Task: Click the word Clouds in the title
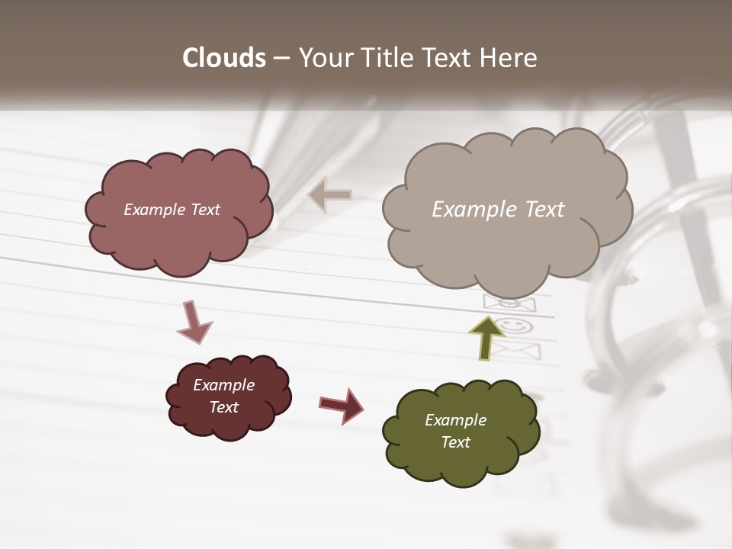tap(223, 58)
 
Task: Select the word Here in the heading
tap(510, 58)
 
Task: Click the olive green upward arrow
tap(487, 339)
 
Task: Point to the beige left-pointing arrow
tap(330, 195)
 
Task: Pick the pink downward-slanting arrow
tap(194, 322)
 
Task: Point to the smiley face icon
tap(516, 326)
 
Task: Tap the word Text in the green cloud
tap(455, 442)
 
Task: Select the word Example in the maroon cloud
tap(223, 385)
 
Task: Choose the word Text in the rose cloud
tap(204, 210)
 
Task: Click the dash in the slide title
tap(280, 58)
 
